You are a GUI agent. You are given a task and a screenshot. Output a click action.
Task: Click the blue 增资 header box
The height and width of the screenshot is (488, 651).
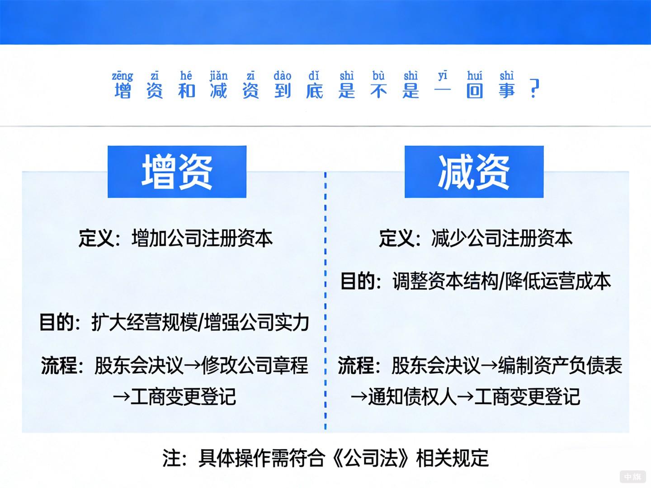[x=177, y=172]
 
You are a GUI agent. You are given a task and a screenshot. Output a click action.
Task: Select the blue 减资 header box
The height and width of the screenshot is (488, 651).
[x=474, y=172]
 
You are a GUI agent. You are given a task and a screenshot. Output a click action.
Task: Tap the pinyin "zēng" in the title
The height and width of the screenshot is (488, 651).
[x=123, y=75]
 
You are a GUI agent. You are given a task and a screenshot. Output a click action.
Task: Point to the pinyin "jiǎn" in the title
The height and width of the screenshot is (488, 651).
[x=219, y=75]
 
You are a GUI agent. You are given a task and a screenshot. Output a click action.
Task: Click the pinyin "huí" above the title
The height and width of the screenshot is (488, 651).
[x=475, y=75]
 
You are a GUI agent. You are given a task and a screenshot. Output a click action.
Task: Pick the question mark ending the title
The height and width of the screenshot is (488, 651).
[x=534, y=89]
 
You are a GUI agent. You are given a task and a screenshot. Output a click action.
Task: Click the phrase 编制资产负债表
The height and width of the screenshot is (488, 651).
[x=560, y=366]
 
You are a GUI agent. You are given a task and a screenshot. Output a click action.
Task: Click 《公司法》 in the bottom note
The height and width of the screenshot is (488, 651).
[x=370, y=458]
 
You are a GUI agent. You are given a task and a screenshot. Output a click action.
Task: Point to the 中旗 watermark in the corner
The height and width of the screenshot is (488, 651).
[x=632, y=477]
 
